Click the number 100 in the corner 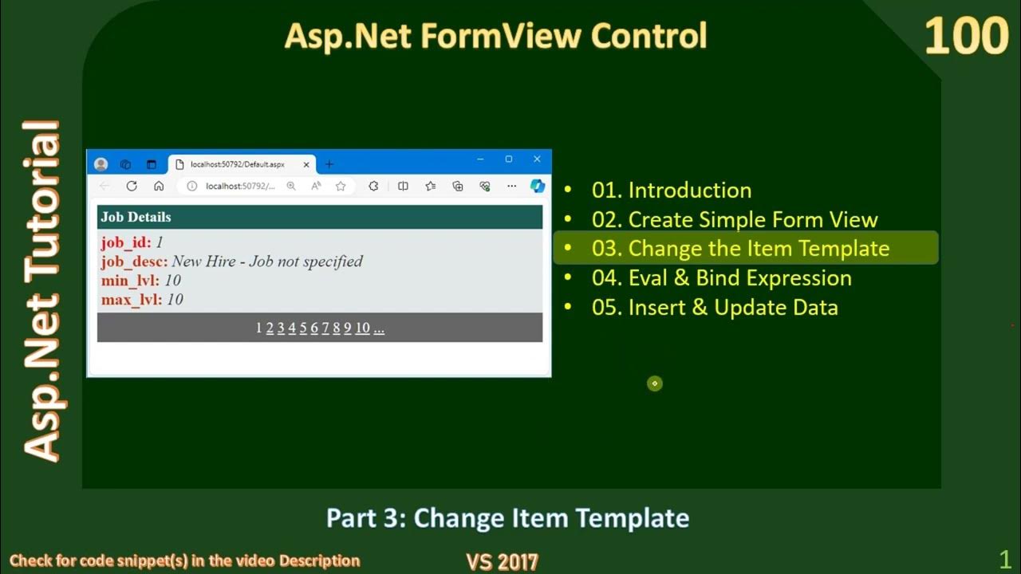click(x=966, y=37)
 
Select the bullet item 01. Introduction click(x=671, y=190)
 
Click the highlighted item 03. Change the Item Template click(x=739, y=248)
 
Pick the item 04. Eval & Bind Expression click(x=721, y=277)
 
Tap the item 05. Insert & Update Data click(x=714, y=307)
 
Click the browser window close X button click(x=537, y=159)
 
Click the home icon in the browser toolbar click(x=159, y=186)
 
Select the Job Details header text click(x=136, y=217)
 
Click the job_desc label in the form click(x=134, y=261)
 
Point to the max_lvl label click(x=131, y=300)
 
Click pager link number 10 click(x=362, y=328)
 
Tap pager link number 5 click(x=303, y=328)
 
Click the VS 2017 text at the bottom click(x=502, y=561)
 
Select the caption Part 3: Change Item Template click(x=507, y=518)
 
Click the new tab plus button click(x=329, y=164)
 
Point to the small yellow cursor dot click(x=654, y=383)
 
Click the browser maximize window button click(x=508, y=159)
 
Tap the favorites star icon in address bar click(x=341, y=186)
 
